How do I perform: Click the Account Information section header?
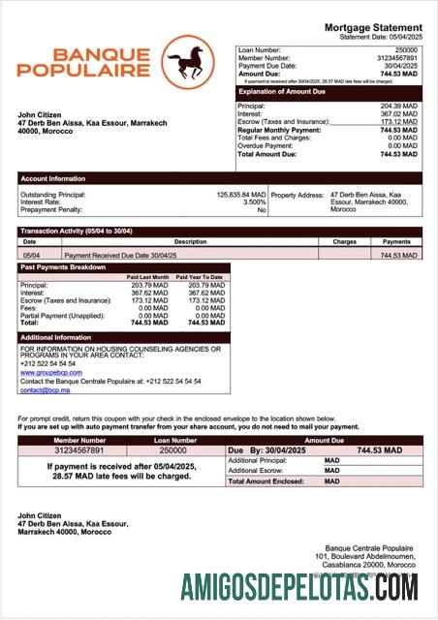(52, 178)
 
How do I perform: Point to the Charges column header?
(344, 241)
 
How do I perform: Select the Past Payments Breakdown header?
(63, 267)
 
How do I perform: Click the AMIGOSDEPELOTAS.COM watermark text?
(300, 587)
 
